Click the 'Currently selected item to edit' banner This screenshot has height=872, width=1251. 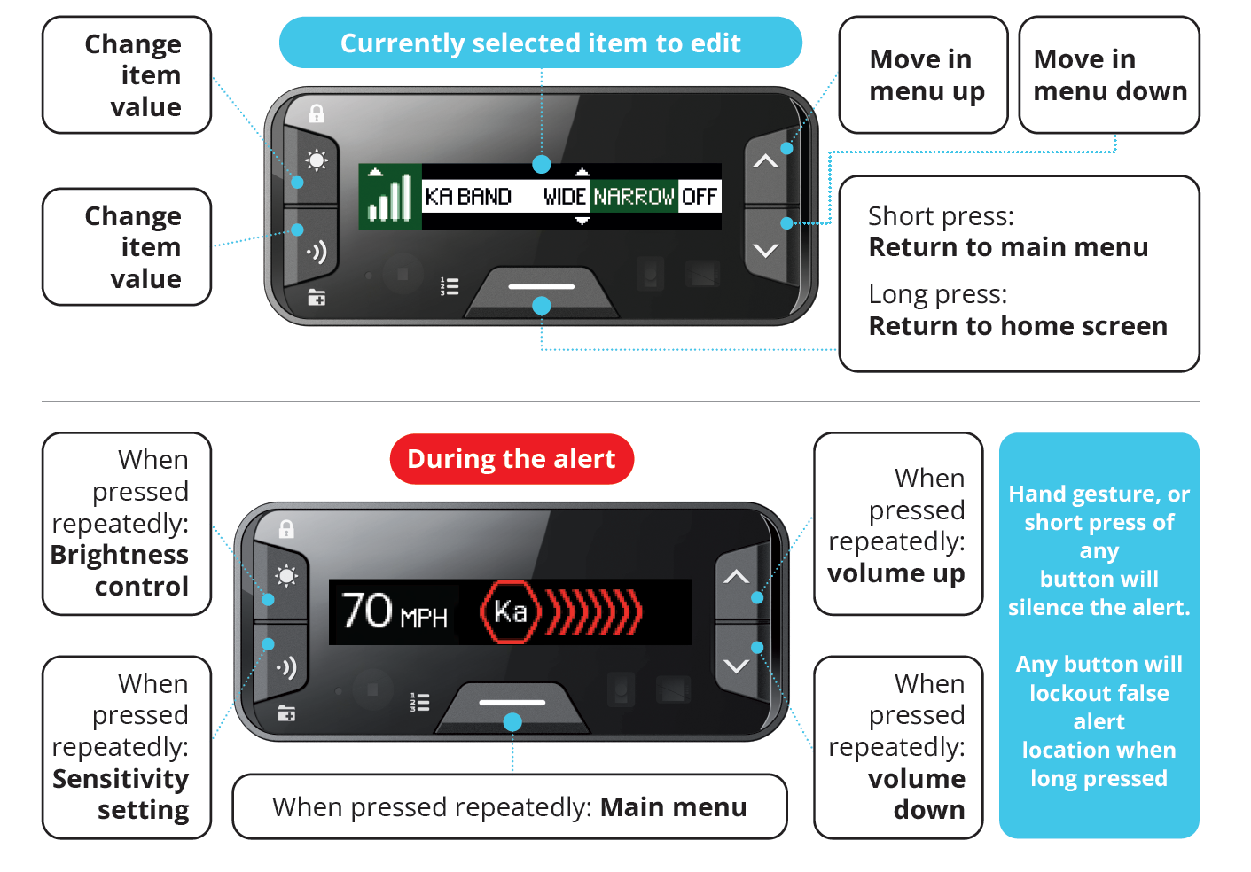point(540,43)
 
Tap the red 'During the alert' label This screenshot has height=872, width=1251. point(511,459)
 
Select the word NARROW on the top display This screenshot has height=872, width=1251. point(634,196)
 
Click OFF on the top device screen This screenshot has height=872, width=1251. point(699,196)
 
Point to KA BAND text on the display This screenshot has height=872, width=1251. point(468,196)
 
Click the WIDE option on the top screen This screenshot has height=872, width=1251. point(565,196)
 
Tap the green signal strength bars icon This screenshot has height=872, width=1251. point(390,197)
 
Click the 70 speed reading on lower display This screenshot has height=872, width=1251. point(367,611)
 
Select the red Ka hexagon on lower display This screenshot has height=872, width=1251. point(509,611)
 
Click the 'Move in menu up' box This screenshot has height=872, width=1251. point(923,75)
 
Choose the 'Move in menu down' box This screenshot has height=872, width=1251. point(1109,75)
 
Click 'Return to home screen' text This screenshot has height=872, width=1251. point(1018,326)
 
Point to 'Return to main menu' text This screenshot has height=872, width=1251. point(1008,247)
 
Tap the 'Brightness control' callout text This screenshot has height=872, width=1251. point(121,570)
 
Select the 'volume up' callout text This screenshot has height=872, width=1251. point(895,573)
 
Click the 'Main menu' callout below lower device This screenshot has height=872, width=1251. point(673,807)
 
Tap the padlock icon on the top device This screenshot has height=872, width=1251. point(317,113)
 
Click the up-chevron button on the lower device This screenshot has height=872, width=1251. point(736,577)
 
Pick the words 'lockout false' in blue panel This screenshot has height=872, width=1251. point(1099,693)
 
